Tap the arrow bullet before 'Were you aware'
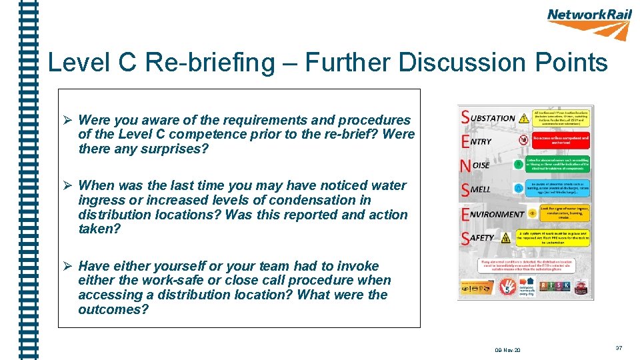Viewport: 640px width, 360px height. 67,121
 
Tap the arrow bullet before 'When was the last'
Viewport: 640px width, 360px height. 67,186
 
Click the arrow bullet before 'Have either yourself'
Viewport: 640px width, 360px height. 67,266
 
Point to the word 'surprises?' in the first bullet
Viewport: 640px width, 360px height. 175,149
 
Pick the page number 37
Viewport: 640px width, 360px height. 619,348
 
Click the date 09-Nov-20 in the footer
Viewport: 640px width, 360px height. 508,350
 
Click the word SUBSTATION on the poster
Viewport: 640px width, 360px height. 492,118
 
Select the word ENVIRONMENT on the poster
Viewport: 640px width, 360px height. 497,214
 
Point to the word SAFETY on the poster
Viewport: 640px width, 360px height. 481,237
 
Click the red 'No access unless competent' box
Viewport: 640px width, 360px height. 561,141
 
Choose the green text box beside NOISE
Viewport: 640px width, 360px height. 561,164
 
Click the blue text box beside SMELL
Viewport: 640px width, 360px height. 561,188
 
